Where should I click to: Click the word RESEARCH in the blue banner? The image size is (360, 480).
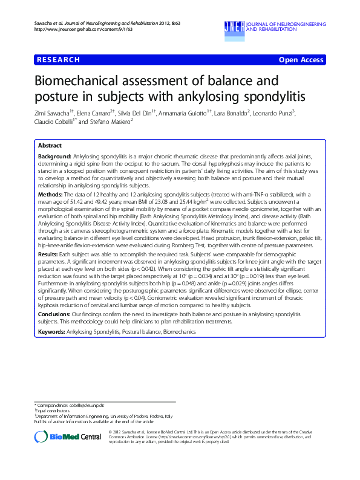pos(58,60)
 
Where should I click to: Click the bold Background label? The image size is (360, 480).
pos(54,156)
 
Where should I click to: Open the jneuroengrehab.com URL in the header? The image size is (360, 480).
pos(66,29)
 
